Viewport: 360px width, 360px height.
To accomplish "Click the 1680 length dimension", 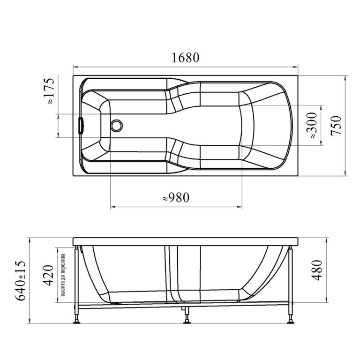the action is tap(186, 58).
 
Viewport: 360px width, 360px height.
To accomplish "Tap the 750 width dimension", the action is tap(336, 126).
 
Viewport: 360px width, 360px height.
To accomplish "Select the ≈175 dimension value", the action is tap(50, 91).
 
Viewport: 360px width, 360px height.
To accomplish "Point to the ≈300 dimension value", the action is tap(312, 125).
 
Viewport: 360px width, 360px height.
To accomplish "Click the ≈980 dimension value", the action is tap(176, 197).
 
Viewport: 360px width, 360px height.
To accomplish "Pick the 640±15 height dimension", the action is tap(20, 280).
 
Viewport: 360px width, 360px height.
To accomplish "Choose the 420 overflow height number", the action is tap(48, 275).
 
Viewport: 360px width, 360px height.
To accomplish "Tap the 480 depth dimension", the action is tap(317, 270).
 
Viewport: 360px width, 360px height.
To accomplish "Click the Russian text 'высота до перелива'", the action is tap(63, 275).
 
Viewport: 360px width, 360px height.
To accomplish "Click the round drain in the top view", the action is tap(117, 126).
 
